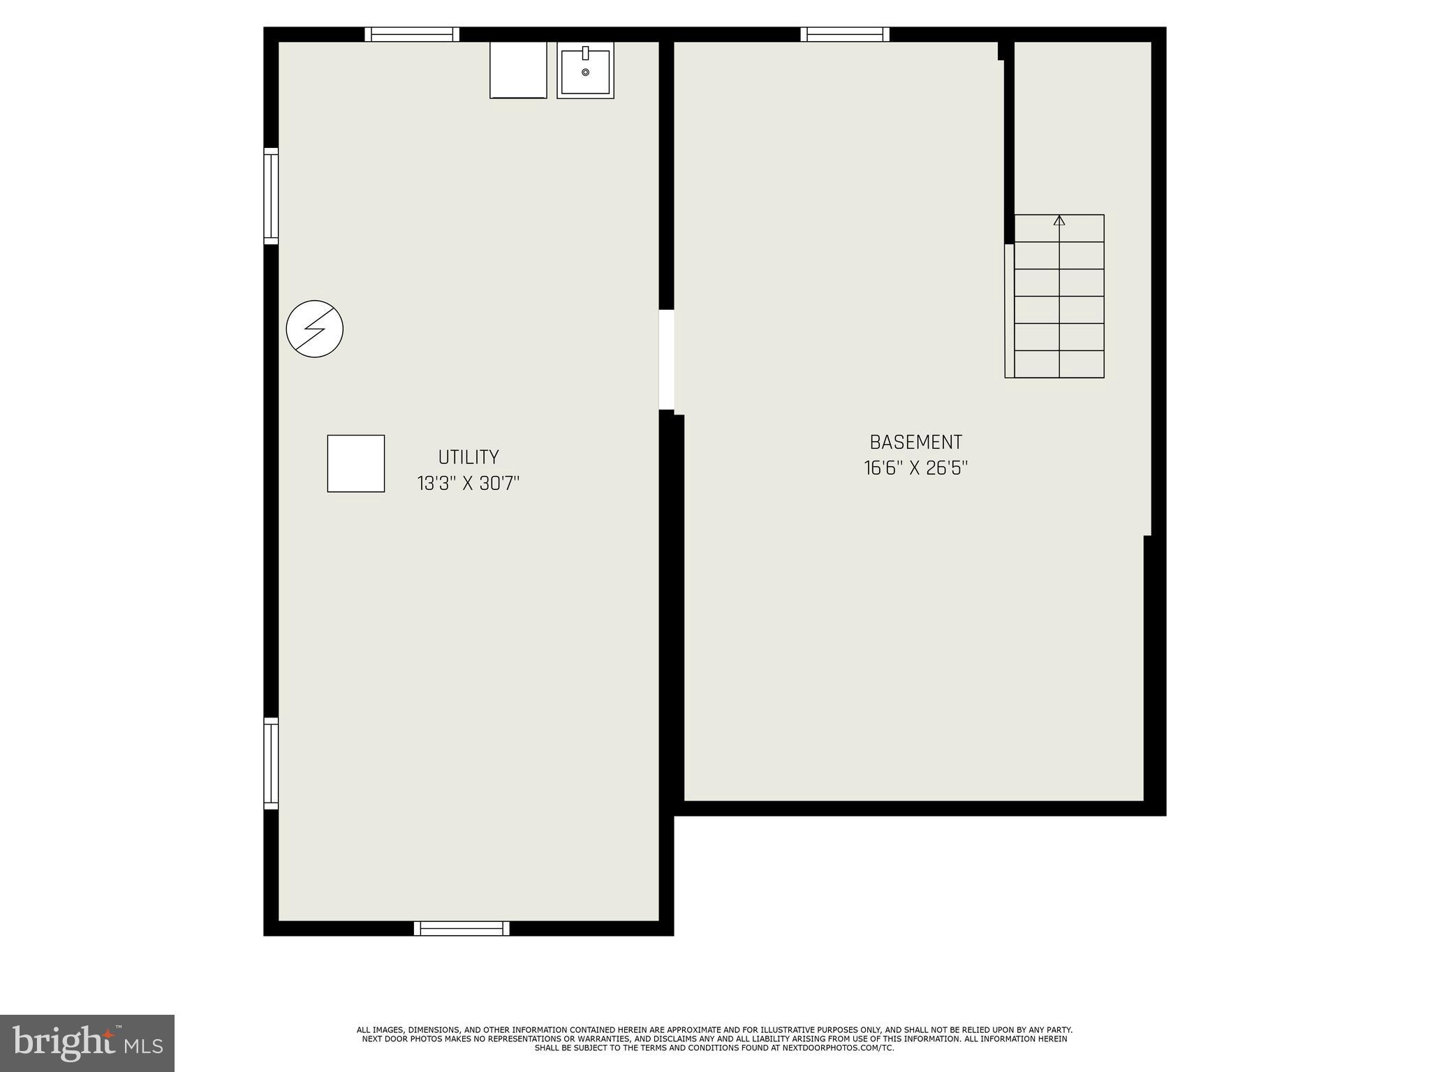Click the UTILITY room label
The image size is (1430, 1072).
469,457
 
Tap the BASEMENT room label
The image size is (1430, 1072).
915,442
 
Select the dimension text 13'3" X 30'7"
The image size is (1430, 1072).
469,483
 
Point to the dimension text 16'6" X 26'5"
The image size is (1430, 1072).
915,468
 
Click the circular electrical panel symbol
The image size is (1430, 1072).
315,329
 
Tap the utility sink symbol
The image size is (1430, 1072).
585,70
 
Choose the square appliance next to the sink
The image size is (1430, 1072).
518,70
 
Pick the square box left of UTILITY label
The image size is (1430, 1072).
356,463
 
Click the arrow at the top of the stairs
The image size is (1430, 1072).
1059,221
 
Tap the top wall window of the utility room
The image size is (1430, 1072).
412,34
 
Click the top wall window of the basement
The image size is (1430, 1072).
845,34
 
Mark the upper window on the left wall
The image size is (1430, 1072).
271,196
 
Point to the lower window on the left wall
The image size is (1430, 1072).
271,764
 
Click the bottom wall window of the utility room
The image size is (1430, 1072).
462,928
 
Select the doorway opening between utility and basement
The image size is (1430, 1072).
667,359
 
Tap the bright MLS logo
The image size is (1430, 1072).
87,1043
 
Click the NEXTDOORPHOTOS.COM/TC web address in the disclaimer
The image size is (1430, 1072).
848,1048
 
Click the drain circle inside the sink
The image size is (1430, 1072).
585,72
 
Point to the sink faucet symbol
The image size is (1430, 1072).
585,52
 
